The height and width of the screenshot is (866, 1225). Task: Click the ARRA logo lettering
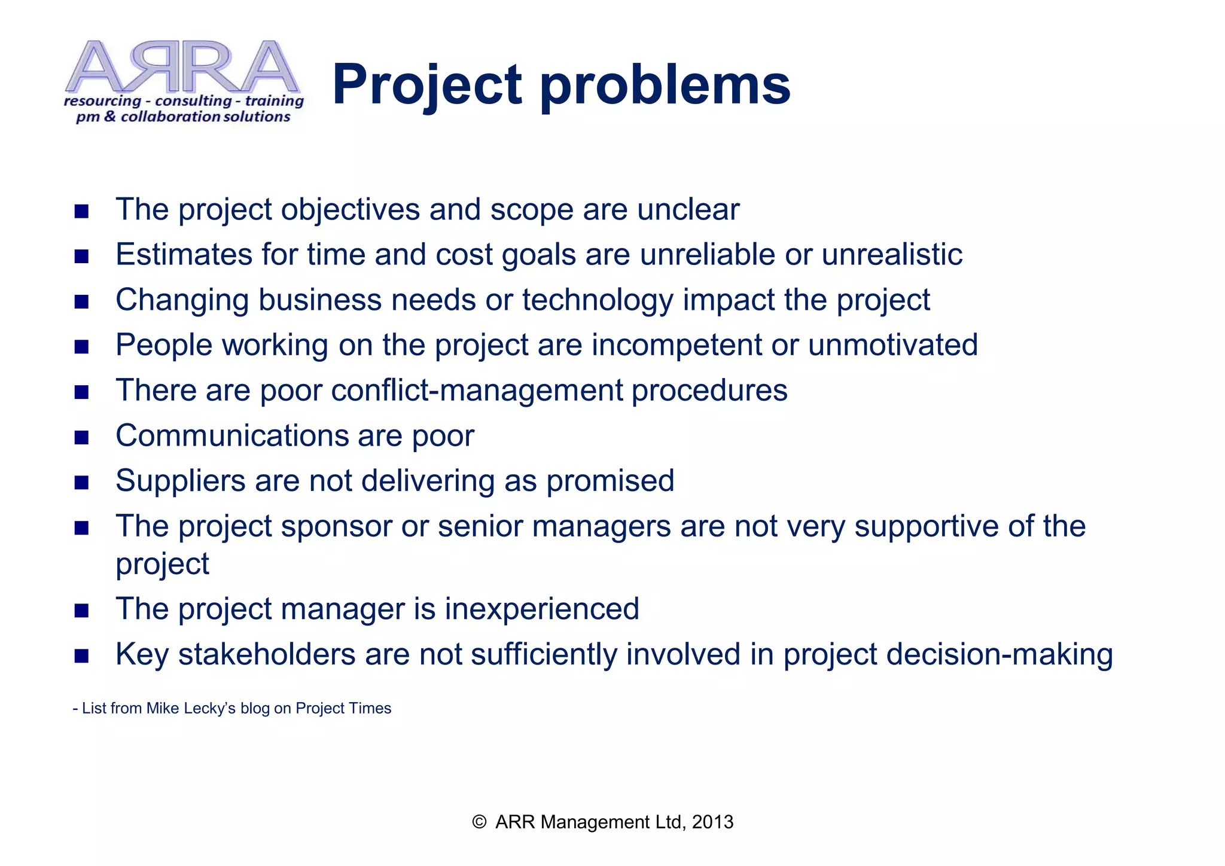click(182, 67)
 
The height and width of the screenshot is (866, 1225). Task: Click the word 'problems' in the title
click(665, 86)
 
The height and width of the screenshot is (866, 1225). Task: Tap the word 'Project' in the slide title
click(427, 86)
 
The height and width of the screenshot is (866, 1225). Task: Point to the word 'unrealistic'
click(891, 255)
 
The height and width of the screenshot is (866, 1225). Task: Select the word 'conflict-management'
click(477, 391)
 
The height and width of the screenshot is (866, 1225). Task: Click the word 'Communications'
click(232, 435)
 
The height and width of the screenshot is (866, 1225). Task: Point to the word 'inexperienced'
click(541, 609)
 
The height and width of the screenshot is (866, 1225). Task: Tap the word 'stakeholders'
click(267, 654)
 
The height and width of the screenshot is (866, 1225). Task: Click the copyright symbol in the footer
click(479, 822)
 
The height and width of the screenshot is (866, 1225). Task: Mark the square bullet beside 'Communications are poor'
click(82, 437)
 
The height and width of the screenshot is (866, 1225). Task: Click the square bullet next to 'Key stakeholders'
click(82, 656)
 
